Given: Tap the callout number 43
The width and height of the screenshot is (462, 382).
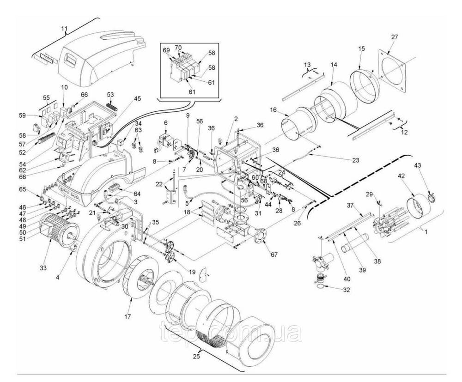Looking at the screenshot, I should pos(418,166).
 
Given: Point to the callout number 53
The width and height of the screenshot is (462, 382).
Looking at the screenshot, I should pos(111,95).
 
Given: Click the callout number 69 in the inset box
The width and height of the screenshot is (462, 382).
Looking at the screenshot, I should pos(166,49).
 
